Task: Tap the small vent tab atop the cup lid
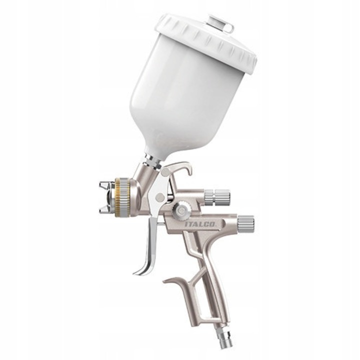(221, 23)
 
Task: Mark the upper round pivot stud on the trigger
(165, 173)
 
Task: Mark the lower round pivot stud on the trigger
(159, 198)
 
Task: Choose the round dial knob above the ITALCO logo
(180, 210)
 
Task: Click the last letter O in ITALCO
(213, 225)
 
